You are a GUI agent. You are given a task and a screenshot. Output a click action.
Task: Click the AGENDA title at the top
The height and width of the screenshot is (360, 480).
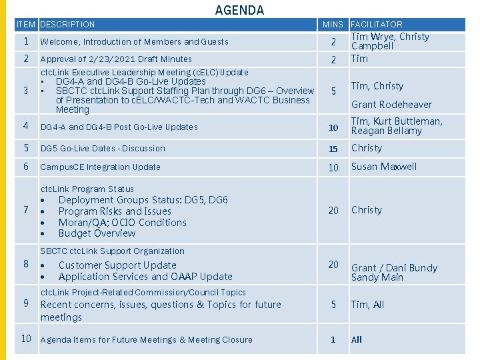tap(239, 10)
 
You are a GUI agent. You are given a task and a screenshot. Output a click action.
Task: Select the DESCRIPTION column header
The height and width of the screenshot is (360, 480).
tap(67, 25)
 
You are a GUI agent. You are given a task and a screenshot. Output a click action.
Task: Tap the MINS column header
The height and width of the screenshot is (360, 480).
tap(333, 25)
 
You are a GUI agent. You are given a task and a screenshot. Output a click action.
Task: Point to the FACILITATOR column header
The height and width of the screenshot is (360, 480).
tap(377, 25)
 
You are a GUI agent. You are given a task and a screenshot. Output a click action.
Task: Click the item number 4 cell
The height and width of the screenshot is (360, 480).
tap(25, 126)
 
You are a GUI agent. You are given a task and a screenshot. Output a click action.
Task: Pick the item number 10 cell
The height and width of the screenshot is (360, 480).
tap(26, 339)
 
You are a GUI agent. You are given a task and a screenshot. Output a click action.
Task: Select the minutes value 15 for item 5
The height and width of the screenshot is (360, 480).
tap(333, 149)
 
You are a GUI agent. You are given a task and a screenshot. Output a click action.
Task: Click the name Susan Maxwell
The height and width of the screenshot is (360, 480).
tap(384, 167)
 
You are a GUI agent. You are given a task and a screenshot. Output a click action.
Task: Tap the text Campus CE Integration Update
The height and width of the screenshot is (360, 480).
tap(100, 167)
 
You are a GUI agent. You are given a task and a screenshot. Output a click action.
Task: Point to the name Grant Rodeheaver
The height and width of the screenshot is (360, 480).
tap(391, 105)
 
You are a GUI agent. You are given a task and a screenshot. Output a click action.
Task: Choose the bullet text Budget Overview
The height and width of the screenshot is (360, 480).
tap(97, 233)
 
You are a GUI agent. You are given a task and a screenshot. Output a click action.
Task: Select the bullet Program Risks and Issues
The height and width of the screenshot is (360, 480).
tap(115, 211)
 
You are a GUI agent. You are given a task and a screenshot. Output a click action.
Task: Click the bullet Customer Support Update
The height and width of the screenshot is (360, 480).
tap(117, 265)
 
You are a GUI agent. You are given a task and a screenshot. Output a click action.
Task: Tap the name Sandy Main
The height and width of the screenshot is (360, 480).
tap(377, 277)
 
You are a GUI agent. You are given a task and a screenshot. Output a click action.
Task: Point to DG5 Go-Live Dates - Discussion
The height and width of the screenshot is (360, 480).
tap(103, 149)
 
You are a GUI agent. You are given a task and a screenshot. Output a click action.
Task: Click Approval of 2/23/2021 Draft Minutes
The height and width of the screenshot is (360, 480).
tap(116, 59)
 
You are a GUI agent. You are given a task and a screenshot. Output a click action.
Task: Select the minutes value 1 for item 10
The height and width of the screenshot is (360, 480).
tap(333, 339)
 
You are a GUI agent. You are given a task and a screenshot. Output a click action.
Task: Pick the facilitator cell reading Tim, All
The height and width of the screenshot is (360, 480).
tap(368, 305)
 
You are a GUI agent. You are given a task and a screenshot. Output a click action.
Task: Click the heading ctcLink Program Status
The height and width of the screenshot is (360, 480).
tap(87, 189)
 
